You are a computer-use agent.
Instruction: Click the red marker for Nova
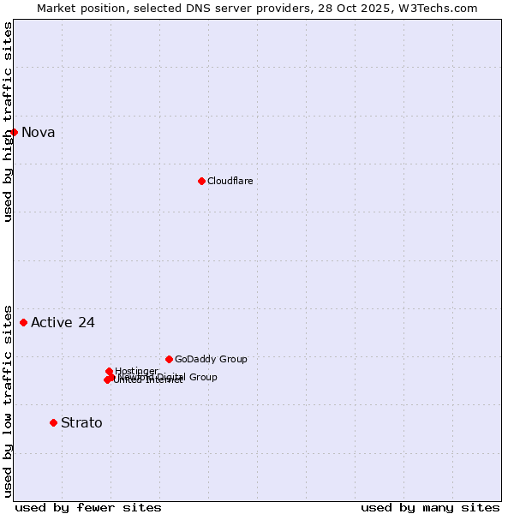tap(14, 132)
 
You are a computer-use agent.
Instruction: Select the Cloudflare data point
tap(201, 181)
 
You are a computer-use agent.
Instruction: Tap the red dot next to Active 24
tap(23, 322)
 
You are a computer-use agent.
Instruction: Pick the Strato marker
tap(53, 422)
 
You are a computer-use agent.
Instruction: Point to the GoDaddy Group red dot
tap(169, 359)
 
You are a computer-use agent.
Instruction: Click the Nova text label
tap(38, 132)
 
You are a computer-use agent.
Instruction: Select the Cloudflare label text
tap(230, 181)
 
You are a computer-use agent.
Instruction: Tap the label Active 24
tap(63, 323)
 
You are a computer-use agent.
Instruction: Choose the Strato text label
tap(81, 422)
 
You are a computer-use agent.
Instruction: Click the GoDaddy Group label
tap(211, 359)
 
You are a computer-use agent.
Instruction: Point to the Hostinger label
tap(136, 371)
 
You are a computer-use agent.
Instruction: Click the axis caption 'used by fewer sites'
tap(88, 507)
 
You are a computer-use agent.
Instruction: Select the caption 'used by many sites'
tap(430, 507)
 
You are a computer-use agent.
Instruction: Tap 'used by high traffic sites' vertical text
tap(8, 122)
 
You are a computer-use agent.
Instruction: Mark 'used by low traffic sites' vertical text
tap(8, 400)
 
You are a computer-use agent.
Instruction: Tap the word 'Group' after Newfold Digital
tap(204, 377)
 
